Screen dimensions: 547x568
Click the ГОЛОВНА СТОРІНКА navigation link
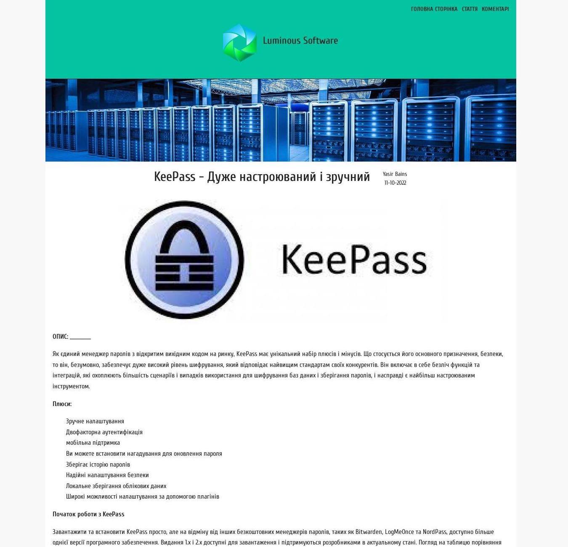point(434,9)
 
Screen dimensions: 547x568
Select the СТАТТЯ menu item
point(470,9)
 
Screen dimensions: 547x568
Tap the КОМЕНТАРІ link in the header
point(495,9)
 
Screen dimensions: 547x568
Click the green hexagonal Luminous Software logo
point(240,42)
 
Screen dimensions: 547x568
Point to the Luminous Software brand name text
point(300,41)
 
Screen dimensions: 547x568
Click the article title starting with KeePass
point(262,177)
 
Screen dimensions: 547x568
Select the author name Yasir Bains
point(395,174)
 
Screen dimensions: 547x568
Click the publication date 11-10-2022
point(395,183)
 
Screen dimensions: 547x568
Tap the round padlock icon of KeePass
point(184,260)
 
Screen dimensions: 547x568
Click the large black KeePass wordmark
point(354,259)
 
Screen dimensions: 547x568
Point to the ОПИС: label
point(60,337)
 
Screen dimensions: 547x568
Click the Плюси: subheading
point(62,404)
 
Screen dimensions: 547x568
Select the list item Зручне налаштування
point(95,421)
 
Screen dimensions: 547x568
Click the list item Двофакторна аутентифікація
point(104,432)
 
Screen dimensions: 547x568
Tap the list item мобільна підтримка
point(93,443)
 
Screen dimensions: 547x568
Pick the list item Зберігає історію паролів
point(98,465)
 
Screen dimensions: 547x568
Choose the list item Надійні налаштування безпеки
point(107,475)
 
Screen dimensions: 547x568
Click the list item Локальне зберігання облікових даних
point(116,486)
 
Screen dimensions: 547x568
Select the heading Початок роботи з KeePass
point(88,514)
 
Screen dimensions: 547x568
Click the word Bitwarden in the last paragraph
point(369,532)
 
